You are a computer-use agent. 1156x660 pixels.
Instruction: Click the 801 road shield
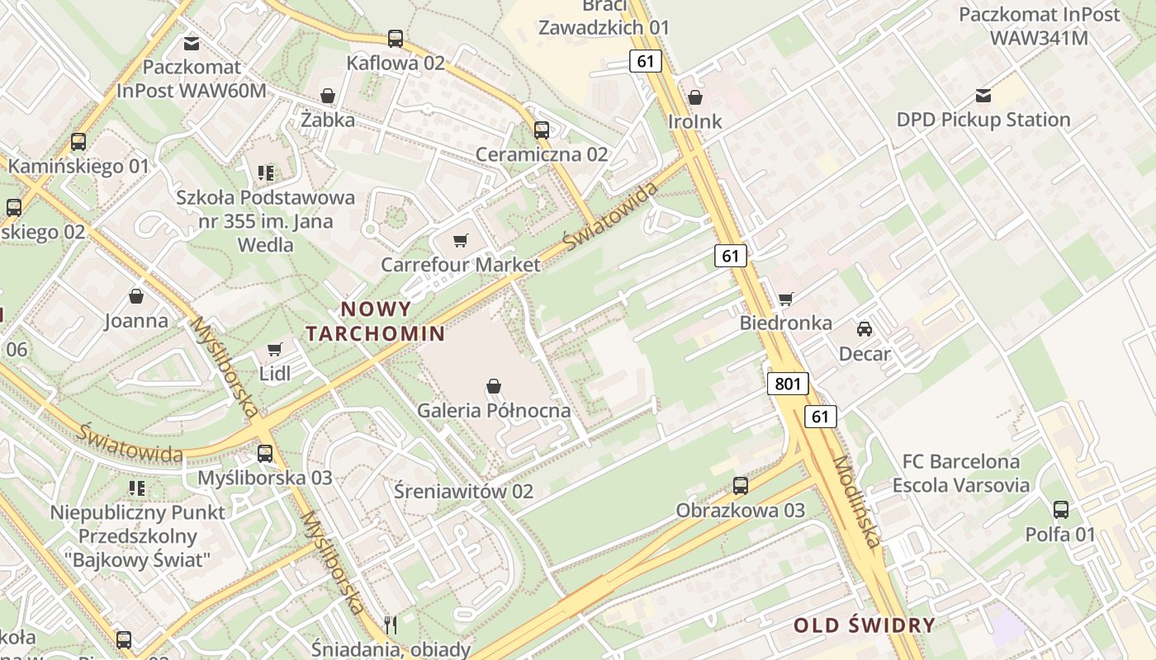point(788,384)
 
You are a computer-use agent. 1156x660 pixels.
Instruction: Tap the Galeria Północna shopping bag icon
point(494,386)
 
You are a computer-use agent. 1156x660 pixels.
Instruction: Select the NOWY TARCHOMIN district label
point(376,322)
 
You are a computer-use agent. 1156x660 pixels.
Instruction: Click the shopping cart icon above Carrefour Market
point(461,241)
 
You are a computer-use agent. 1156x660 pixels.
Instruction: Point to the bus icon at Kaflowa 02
point(396,39)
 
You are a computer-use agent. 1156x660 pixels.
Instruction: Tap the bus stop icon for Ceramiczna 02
point(542,130)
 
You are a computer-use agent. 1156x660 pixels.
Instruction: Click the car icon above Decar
point(865,329)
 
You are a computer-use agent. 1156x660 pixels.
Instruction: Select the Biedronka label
point(785,323)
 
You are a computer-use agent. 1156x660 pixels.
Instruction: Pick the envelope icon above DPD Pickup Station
point(983,96)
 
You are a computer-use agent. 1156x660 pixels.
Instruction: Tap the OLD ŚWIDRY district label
point(865,625)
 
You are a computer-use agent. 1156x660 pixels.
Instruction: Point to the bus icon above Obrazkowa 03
point(741,486)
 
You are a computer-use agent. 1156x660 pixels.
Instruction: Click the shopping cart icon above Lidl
point(275,350)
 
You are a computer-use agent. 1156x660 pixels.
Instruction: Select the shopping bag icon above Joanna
point(136,296)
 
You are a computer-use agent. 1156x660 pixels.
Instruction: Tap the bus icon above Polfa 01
point(1061,510)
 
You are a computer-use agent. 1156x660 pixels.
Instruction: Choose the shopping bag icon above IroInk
point(695,97)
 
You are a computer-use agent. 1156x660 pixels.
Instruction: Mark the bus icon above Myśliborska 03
point(265,453)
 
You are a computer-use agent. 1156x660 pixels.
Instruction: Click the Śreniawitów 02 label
point(463,492)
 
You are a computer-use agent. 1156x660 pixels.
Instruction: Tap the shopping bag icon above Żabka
point(328,96)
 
